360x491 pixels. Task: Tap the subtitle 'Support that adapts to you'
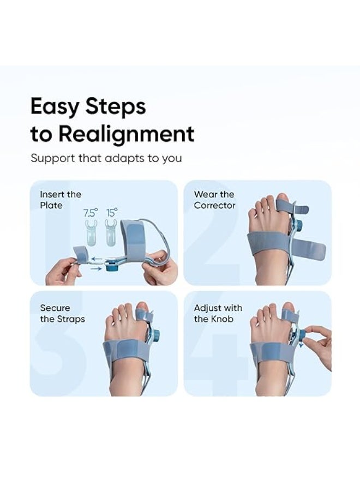pyautogui.click(x=106, y=159)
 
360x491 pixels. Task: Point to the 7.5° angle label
pyautogui.click(x=91, y=213)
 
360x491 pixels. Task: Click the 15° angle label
pyautogui.click(x=112, y=213)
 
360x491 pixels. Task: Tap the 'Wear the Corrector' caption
pyautogui.click(x=214, y=200)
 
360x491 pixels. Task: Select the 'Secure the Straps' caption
pyautogui.click(x=62, y=313)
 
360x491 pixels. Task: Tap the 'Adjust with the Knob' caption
pyautogui.click(x=218, y=313)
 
